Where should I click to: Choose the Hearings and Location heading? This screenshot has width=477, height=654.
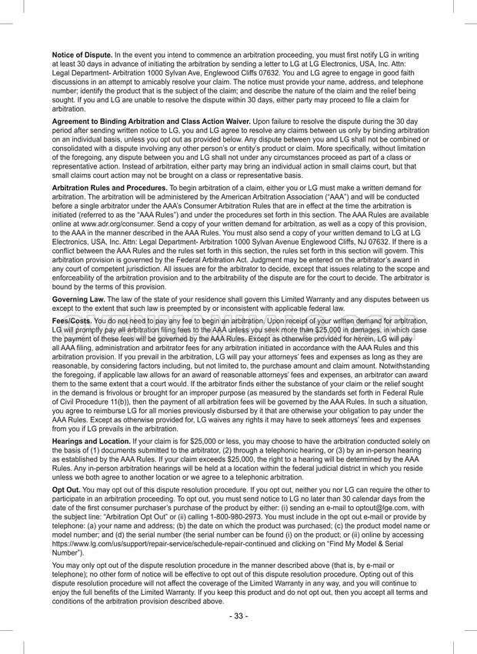click(91, 441)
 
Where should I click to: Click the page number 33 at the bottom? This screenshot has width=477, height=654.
click(239, 616)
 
